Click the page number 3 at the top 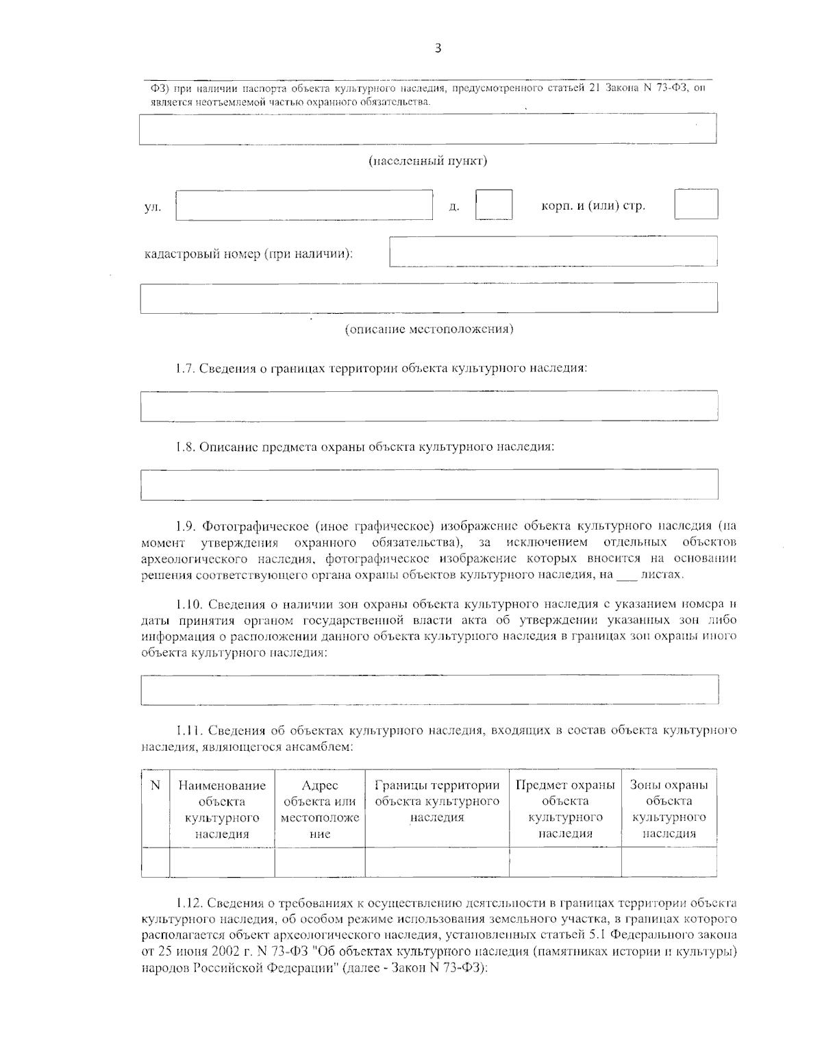tap(438, 48)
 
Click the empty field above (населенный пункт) tap(427, 129)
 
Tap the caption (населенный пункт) tap(427, 162)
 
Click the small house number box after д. tap(494, 204)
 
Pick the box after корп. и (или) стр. tap(696, 204)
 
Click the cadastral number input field tap(553, 251)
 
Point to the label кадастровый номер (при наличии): tap(249, 254)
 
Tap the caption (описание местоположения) tap(429, 330)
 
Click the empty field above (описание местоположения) tap(429, 297)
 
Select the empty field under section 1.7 tap(429, 406)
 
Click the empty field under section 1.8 tap(429, 484)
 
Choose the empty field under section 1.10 tap(429, 689)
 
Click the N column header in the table tap(155, 785)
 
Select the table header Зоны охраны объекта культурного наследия tap(669, 809)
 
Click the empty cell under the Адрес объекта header tap(320, 862)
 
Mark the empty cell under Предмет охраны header tap(565, 862)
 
